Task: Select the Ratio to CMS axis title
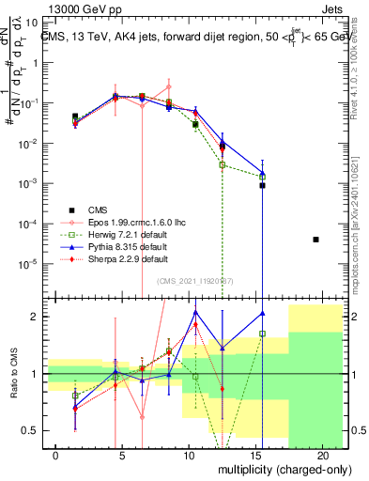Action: tap(14, 374)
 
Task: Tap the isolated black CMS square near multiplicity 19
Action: tap(315, 240)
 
